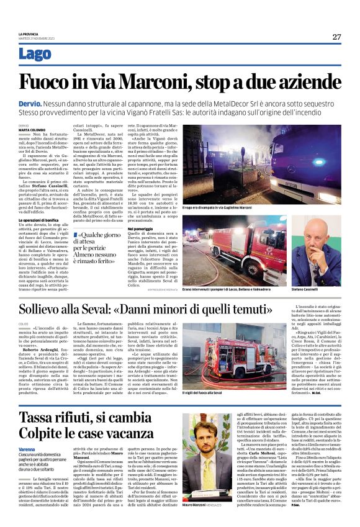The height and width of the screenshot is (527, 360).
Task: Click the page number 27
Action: (x=336, y=37)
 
